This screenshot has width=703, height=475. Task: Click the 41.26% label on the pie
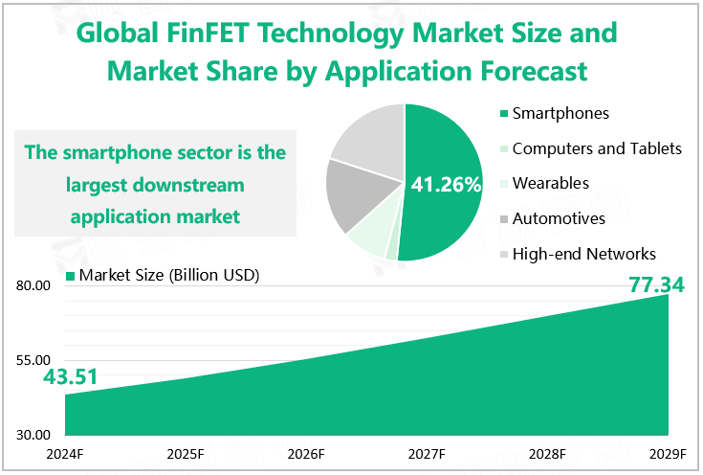click(446, 185)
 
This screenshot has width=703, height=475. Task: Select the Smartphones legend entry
click(560, 114)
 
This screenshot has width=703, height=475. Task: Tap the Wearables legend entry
click(550, 183)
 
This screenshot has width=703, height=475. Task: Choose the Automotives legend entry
click(559, 218)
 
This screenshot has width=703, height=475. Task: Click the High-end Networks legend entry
click(583, 254)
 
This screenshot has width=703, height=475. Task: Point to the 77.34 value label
click(657, 284)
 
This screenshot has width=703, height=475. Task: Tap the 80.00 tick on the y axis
click(33, 286)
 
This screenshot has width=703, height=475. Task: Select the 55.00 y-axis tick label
click(33, 360)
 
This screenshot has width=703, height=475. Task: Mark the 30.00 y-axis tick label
click(33, 434)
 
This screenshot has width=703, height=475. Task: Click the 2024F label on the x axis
click(64, 454)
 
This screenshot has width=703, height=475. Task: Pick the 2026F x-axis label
click(305, 454)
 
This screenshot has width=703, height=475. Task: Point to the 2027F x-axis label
click(427, 454)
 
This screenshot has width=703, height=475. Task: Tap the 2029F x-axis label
click(668, 454)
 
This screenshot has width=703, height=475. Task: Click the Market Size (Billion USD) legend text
click(170, 276)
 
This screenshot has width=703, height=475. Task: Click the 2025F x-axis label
click(185, 454)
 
